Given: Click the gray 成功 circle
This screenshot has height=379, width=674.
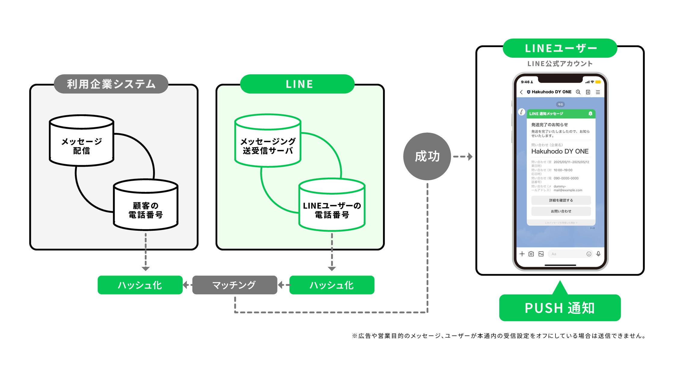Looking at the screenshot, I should click(x=427, y=156).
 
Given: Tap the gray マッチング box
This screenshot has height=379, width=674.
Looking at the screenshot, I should click(x=234, y=285).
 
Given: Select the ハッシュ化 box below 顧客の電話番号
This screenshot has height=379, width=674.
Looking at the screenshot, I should click(x=140, y=285).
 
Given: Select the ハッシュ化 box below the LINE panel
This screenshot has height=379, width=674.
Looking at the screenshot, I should click(x=332, y=285).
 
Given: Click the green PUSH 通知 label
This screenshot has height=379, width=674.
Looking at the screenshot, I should click(x=560, y=308).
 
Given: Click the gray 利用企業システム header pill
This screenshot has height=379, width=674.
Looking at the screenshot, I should click(x=111, y=84).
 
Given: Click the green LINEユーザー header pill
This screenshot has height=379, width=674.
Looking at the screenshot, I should click(x=560, y=48).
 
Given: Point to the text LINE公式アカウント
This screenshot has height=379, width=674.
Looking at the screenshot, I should click(x=560, y=63).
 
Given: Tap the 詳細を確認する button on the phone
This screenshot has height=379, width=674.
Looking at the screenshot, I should click(x=561, y=200).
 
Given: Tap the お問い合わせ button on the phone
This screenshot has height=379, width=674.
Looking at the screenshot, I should click(x=561, y=211).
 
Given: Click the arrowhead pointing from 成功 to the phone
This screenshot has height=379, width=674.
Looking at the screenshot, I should click(x=470, y=156).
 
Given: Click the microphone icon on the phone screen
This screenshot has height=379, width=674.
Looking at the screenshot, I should click(x=598, y=254).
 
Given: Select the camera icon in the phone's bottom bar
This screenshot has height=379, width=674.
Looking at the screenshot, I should click(x=531, y=254).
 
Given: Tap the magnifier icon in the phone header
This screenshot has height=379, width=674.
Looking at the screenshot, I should click(x=578, y=92).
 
